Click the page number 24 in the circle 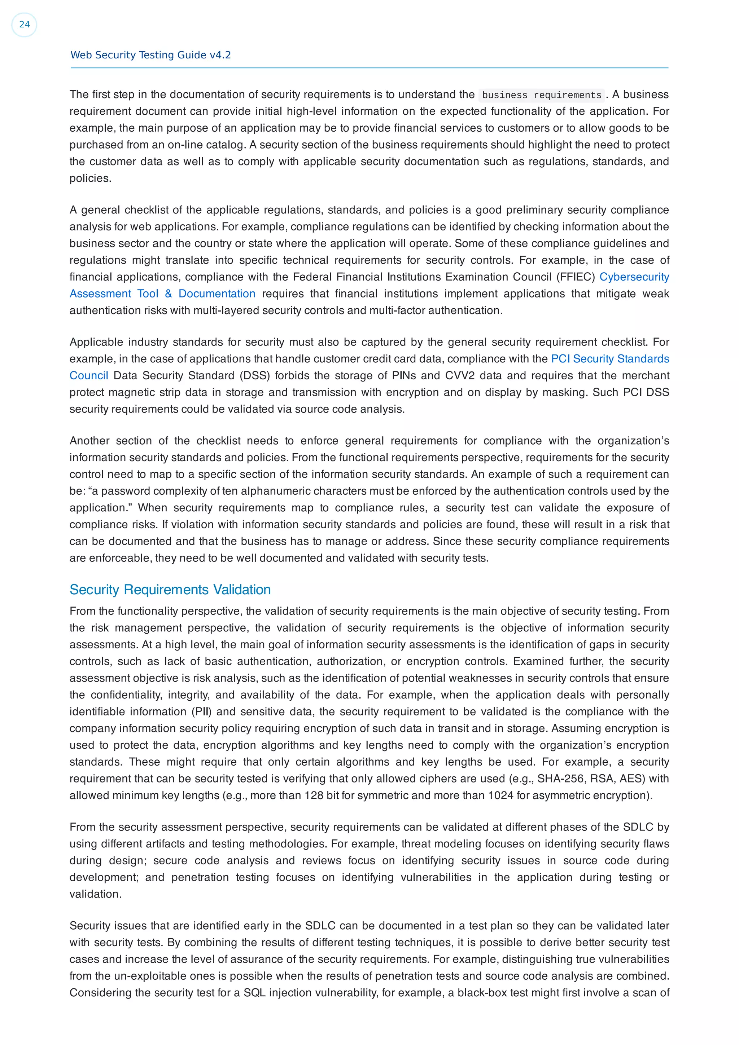pyautogui.click(x=24, y=25)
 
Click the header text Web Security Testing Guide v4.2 pyautogui.click(x=150, y=55)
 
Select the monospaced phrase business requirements pyautogui.click(x=541, y=95)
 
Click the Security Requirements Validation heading pyautogui.click(x=170, y=590)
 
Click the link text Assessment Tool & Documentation pyautogui.click(x=162, y=294)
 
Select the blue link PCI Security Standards pyautogui.click(x=610, y=359)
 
